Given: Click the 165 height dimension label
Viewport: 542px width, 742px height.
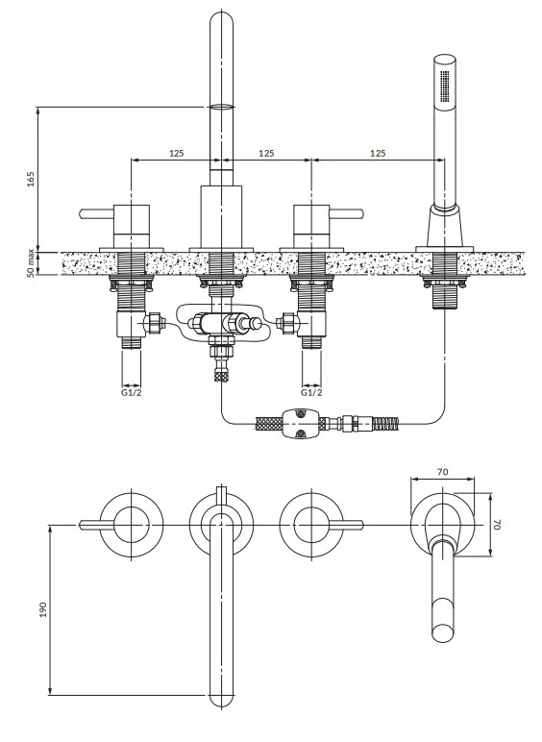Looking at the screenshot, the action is (x=31, y=180).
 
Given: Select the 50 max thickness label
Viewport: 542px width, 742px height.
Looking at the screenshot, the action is (x=31, y=262).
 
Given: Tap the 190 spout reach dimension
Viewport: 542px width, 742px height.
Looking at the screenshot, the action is (x=43, y=609).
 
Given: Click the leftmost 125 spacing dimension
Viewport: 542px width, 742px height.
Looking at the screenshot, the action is (x=177, y=154).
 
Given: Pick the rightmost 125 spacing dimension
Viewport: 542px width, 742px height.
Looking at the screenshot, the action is (x=378, y=154).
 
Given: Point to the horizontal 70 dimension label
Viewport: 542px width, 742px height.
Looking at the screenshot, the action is (x=443, y=472).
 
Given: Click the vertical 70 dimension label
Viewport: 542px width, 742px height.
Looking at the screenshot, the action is (x=497, y=525).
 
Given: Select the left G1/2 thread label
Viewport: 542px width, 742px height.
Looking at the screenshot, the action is (x=131, y=393).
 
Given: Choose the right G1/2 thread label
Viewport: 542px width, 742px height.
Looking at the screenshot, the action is (x=311, y=393).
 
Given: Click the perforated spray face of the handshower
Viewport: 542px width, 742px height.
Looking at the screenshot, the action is (x=445, y=86).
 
